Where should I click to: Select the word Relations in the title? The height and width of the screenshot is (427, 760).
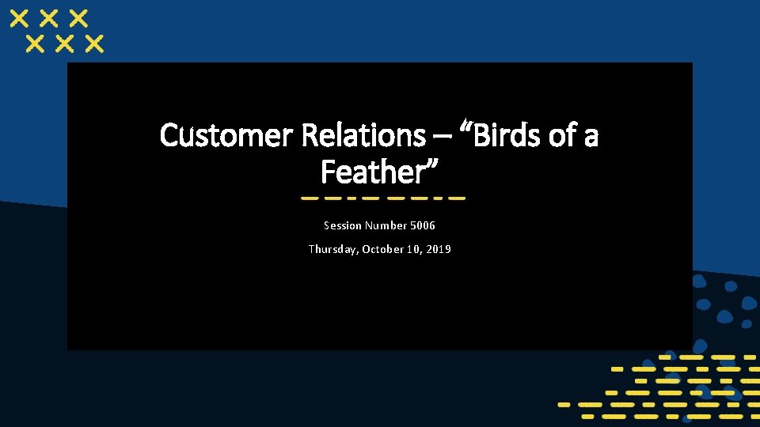[x=363, y=136]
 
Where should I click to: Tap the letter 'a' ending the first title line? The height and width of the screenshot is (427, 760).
[x=591, y=138]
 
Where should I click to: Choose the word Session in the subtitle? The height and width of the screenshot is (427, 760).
[x=341, y=226]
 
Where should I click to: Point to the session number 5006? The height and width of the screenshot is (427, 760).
[x=422, y=226]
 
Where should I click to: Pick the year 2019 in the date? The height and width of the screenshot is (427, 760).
[x=437, y=249]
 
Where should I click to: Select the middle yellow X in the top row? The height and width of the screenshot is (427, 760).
[x=50, y=18]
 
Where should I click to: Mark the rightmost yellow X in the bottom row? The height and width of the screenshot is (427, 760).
[x=93, y=43]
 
